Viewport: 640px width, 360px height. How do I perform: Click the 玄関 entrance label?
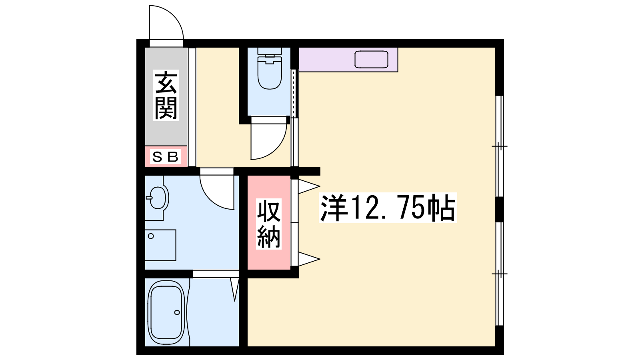tap(166, 96)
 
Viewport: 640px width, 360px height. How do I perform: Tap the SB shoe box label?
tap(166, 156)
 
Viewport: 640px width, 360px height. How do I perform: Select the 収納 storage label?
tap(268, 224)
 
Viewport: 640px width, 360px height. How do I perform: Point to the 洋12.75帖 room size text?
tap(388, 208)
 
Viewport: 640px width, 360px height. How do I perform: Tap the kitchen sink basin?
tap(371, 60)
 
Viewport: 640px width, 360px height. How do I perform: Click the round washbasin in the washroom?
tap(158, 198)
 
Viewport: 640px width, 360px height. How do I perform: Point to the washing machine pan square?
tap(160, 245)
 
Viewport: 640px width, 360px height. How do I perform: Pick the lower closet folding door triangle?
tap(309, 259)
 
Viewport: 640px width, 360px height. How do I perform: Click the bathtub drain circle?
tap(177, 312)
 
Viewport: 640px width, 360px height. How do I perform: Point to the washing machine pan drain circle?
tap(151, 236)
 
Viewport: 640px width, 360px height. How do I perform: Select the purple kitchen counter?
tap(348, 60)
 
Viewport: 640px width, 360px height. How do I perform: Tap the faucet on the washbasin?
tap(149, 198)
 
